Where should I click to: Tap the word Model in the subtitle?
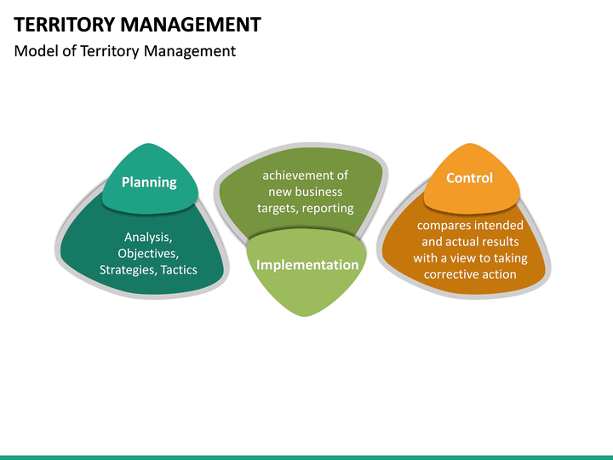pos(36,51)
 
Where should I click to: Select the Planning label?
pos(149,181)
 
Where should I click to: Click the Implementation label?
pos(307,264)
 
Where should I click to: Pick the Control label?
pos(469,177)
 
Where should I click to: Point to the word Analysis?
pos(147,237)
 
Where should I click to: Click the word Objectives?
pos(147,253)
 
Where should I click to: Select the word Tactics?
pos(179,269)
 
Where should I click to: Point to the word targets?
pos(276,208)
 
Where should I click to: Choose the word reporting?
pos(328,208)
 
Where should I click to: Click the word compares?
pos(444,226)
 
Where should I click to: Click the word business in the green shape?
pos(318,192)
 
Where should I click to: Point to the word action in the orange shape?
pos(500,274)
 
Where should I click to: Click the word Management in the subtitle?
pos(189,51)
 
